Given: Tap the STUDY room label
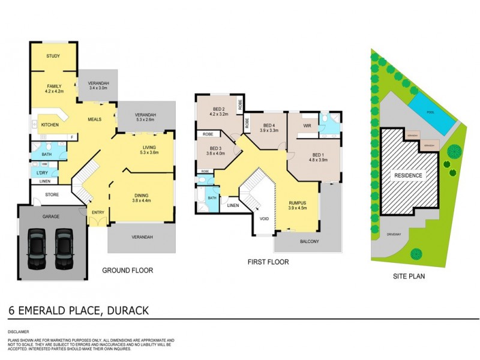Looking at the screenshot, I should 53,56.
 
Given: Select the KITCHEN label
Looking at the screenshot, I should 50,125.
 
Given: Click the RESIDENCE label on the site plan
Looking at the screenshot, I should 408,176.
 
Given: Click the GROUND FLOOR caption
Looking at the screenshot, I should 127,271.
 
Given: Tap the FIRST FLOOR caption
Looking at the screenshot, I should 268,262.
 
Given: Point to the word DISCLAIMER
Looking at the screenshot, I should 19,331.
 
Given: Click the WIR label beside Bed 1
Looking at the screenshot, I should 307,126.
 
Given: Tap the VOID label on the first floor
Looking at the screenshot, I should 265,218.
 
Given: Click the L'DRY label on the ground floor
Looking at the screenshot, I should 43,173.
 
